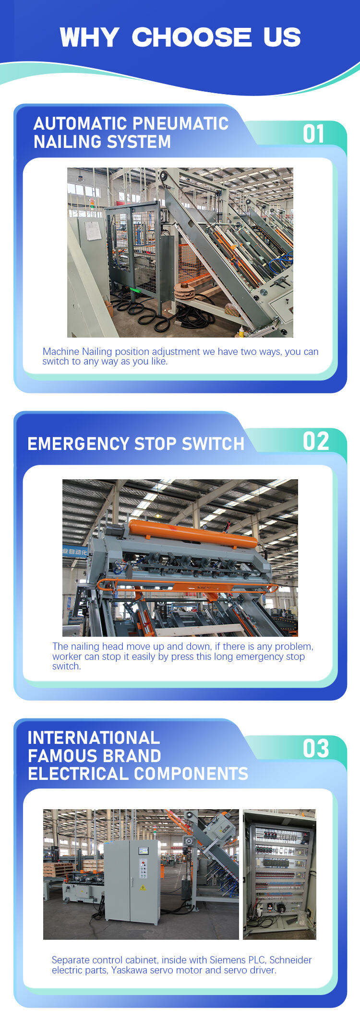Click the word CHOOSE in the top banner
coord(192,37)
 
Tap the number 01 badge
coord(314,134)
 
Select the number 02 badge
coord(316,441)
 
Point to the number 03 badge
coord(316,748)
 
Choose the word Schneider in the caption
coord(290,959)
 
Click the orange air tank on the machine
coord(193,534)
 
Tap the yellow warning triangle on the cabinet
coord(143,887)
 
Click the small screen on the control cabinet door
coord(143,850)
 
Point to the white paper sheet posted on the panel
coord(92,231)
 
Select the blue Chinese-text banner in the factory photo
coord(74,552)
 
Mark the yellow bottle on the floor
coord(241,331)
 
